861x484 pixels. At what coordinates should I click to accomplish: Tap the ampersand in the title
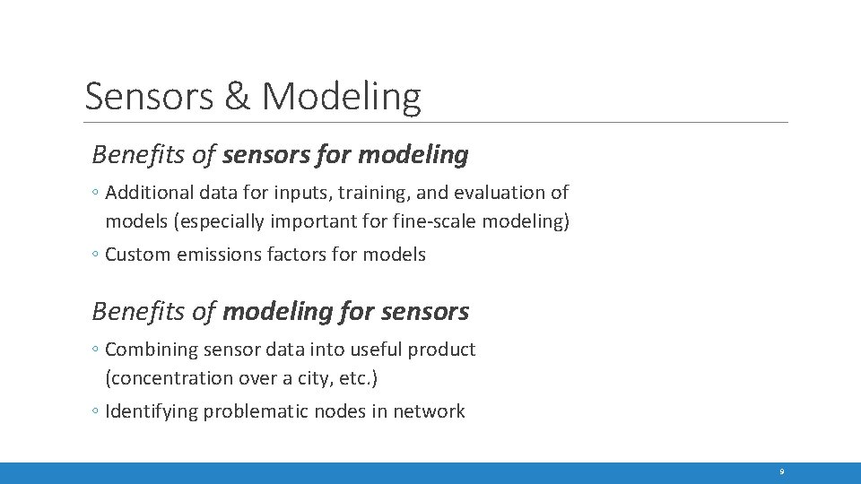click(x=238, y=96)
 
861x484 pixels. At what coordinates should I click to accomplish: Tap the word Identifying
click(x=151, y=411)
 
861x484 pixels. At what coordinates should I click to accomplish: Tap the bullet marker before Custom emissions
click(x=96, y=255)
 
